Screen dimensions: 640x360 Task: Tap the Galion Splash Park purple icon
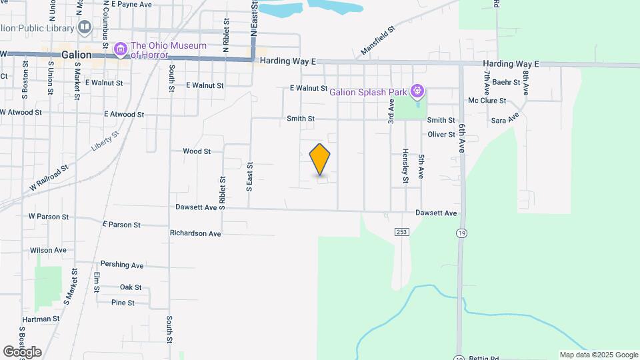417,90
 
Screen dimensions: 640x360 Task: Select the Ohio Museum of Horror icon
121,49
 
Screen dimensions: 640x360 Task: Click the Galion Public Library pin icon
85,27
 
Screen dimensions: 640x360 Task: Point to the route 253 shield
401,231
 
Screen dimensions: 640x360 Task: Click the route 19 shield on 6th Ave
461,233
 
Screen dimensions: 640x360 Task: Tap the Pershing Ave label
122,265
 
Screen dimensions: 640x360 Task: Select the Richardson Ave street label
195,234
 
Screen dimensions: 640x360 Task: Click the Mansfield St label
378,40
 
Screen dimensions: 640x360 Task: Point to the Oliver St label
441,135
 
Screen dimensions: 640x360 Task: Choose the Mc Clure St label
487,101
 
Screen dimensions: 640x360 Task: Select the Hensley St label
405,166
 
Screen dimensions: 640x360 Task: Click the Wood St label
197,151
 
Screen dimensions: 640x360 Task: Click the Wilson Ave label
48,251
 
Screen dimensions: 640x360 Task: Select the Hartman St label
41,319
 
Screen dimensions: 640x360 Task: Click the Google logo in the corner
22,351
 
